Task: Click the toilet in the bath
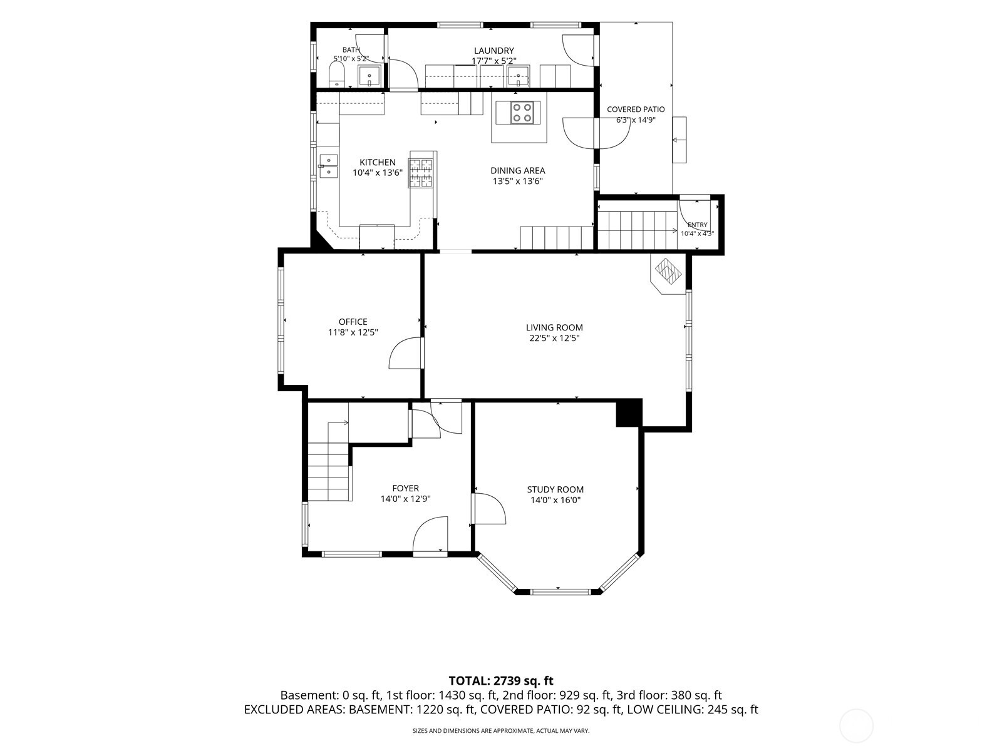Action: (337, 74)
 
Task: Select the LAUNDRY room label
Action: (494, 51)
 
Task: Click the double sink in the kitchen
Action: (328, 166)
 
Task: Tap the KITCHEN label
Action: (378, 162)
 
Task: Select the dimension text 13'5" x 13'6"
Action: (518, 181)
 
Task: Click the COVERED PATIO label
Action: (636, 110)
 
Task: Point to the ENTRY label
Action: (698, 225)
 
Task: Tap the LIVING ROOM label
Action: (554, 327)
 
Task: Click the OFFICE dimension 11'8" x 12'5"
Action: (353, 332)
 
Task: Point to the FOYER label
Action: (405, 488)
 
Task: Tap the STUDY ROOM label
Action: (555, 489)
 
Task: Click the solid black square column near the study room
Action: (629, 413)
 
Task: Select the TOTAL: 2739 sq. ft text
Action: (501, 681)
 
